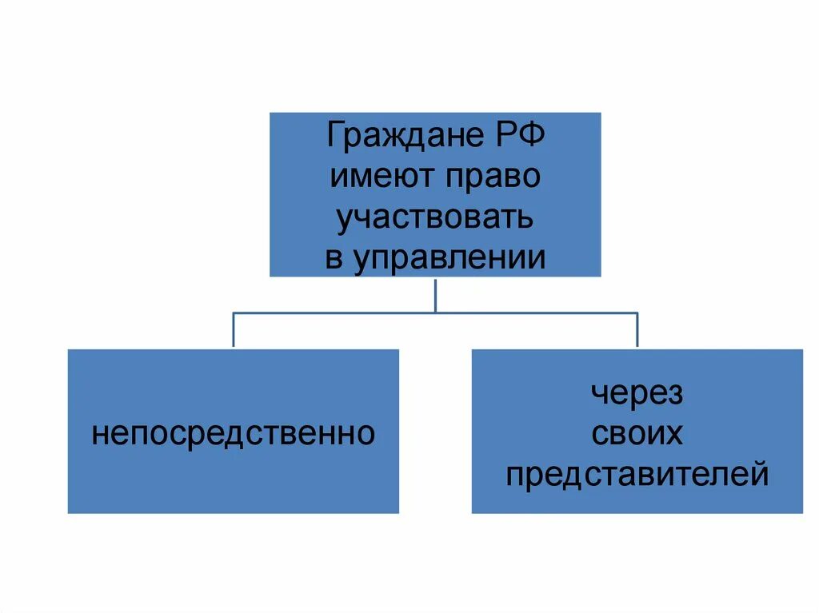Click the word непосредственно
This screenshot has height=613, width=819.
point(233,434)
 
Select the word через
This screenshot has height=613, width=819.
point(637,394)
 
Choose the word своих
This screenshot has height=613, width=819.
point(637,434)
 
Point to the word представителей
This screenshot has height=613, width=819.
point(637,475)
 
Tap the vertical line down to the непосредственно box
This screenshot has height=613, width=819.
point(233,330)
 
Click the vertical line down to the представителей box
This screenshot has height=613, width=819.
point(637,330)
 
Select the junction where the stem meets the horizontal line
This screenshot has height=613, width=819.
point(435,312)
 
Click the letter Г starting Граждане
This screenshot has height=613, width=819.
point(335,136)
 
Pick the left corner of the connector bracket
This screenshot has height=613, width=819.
point(233,312)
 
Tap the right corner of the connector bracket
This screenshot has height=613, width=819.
point(637,312)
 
